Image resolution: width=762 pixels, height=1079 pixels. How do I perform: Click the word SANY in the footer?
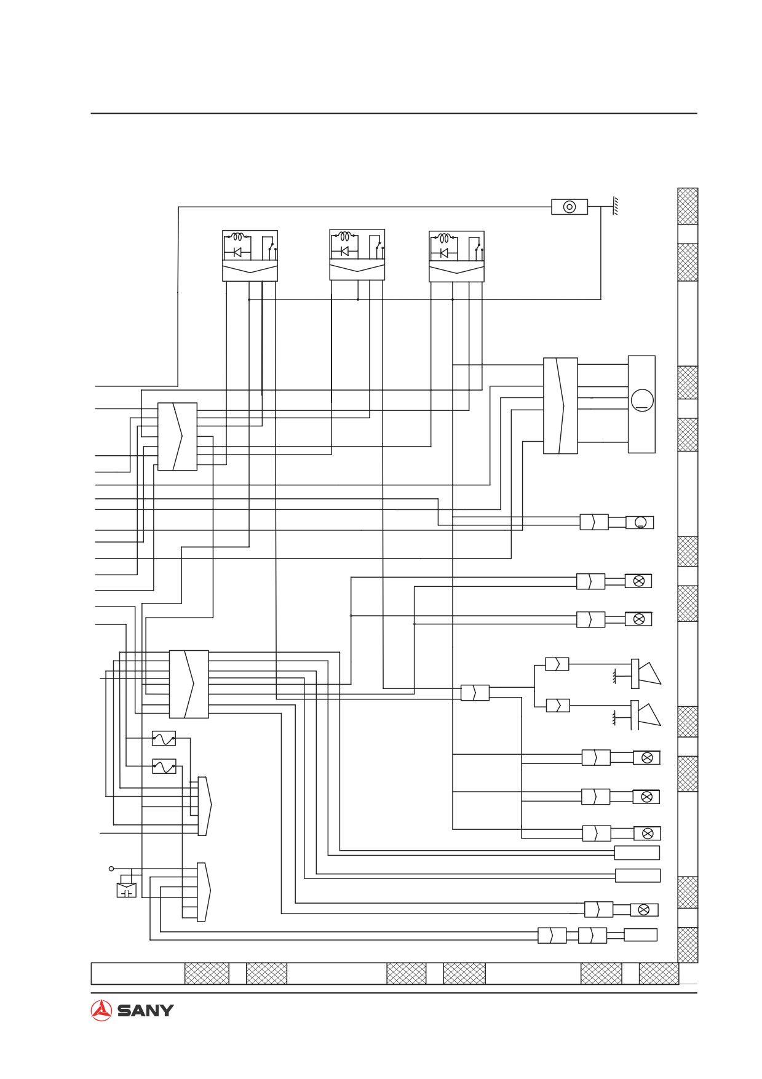tap(145, 1011)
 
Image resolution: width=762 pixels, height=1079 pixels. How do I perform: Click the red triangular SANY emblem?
tap(101, 1010)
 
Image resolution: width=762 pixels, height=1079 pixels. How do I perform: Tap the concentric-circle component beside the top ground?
tap(570, 207)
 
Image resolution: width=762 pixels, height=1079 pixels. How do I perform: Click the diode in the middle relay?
tap(344, 251)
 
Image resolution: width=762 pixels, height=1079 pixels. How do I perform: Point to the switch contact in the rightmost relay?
tap(478, 246)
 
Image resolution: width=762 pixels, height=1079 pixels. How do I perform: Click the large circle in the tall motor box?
tap(641, 400)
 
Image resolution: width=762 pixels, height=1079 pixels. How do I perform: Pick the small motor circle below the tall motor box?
tap(640, 522)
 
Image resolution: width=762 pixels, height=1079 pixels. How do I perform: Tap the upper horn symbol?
tap(646, 672)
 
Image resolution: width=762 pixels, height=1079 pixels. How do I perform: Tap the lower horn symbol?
tap(646, 714)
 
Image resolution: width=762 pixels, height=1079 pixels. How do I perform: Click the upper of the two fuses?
tap(164, 738)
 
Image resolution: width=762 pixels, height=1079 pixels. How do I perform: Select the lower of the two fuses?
tap(164, 766)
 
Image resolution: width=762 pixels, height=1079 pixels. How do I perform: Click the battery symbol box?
tap(127, 890)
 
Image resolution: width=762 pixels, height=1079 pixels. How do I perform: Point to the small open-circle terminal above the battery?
tap(111, 869)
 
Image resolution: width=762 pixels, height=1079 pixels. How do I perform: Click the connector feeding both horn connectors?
tap(475, 693)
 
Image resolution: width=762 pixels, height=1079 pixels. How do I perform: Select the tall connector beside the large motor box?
tap(560, 406)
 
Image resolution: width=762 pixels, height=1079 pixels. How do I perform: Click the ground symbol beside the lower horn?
tap(614, 717)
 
